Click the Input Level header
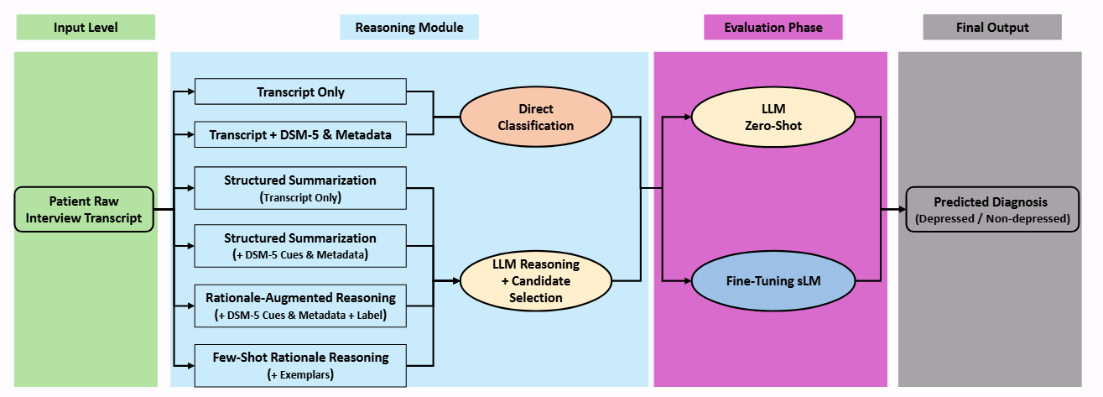pyautogui.click(x=86, y=28)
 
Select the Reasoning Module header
pyautogui.click(x=409, y=28)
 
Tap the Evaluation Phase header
pyautogui.click(x=773, y=28)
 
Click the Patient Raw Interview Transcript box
pyautogui.click(x=84, y=210)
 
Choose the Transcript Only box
pyautogui.click(x=300, y=92)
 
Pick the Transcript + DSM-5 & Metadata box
pyautogui.click(x=300, y=134)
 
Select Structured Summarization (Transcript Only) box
pyautogui.click(x=300, y=188)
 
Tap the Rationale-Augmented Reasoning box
pyautogui.click(x=300, y=306)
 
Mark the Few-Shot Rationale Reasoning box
pyautogui.click(x=300, y=365)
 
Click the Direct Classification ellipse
pyautogui.click(x=535, y=118)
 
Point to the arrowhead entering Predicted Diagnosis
pyautogui.click(x=902, y=210)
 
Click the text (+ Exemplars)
pyautogui.click(x=300, y=374)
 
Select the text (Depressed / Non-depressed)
pyautogui.click(x=991, y=219)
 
